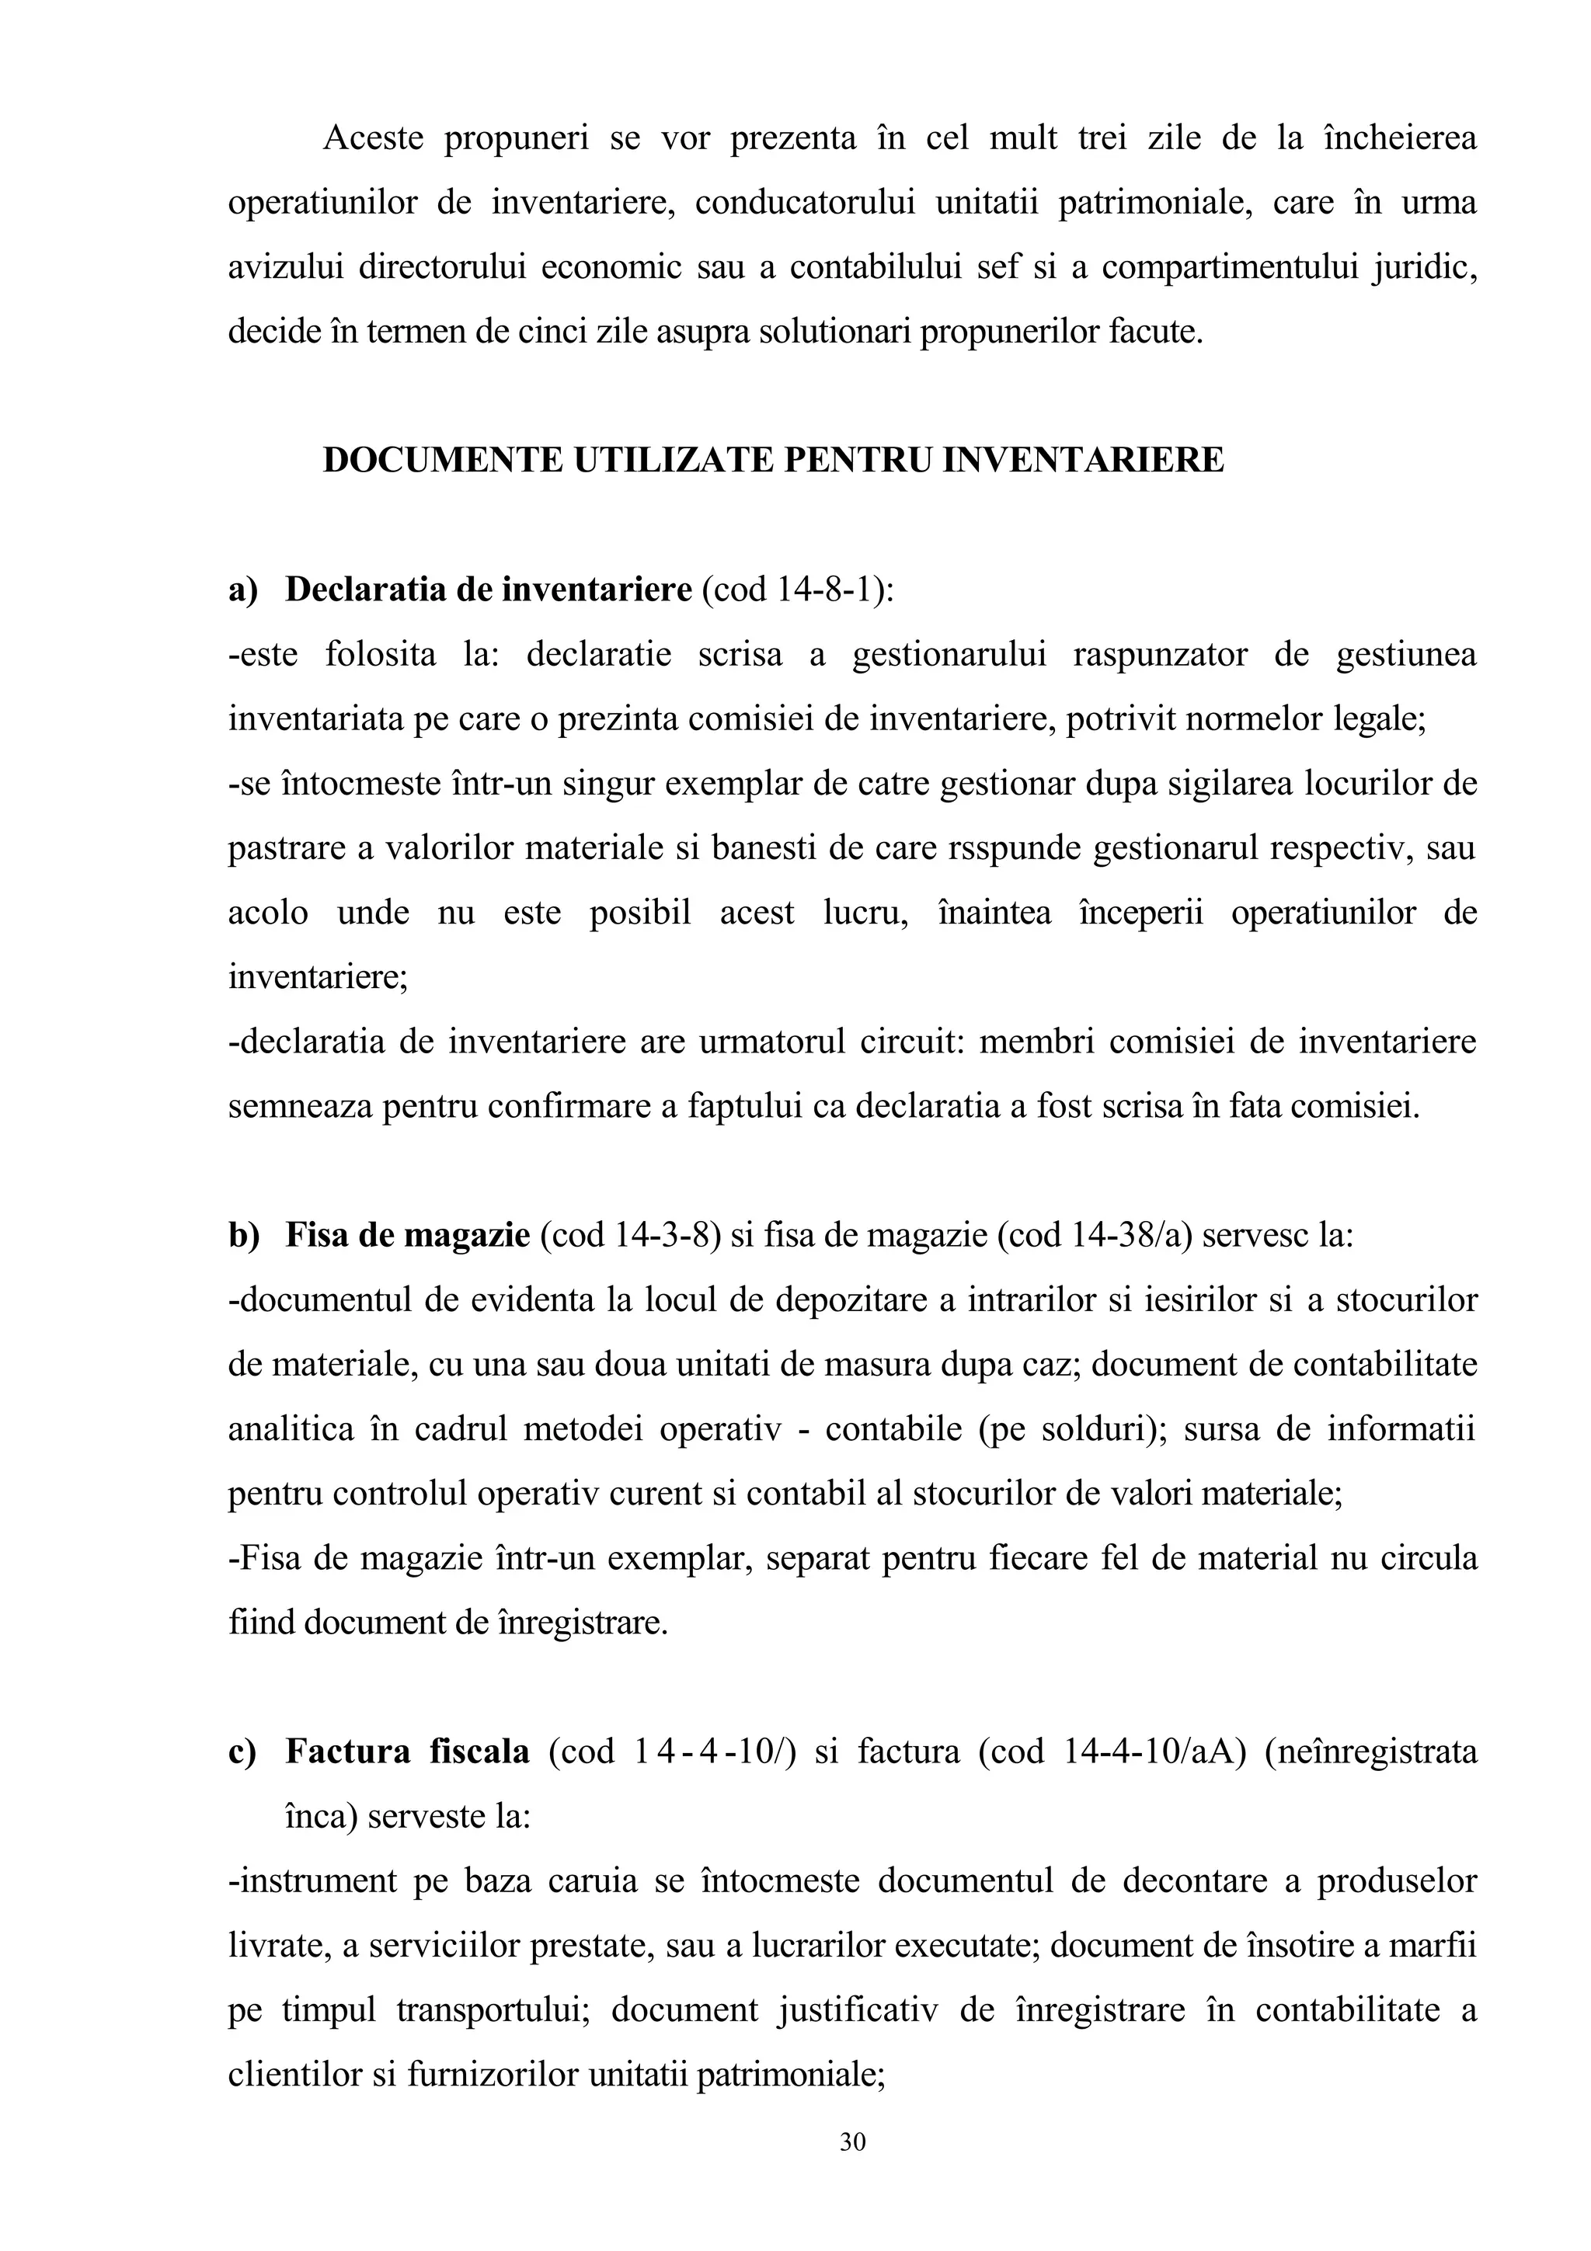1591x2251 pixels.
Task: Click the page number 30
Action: pos(852,2142)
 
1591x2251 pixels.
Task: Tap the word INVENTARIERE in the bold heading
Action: pos(1083,460)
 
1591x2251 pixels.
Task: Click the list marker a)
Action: pos(242,590)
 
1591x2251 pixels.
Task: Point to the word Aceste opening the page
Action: pos(373,138)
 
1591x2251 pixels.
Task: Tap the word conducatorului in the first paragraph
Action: pos(805,203)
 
